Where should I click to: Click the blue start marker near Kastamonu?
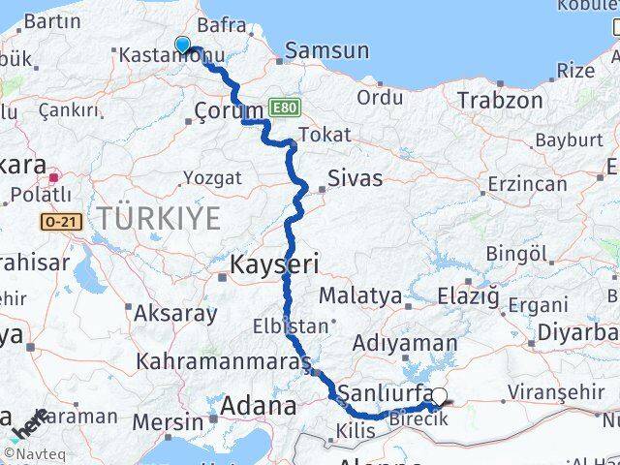coord(182,43)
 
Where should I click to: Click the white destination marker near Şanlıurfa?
coord(441,395)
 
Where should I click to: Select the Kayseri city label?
coord(274,263)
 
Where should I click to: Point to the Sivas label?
coord(355,177)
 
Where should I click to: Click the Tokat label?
coord(325,135)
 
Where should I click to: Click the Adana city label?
coord(258,406)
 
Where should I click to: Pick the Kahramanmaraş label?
coord(223,361)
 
